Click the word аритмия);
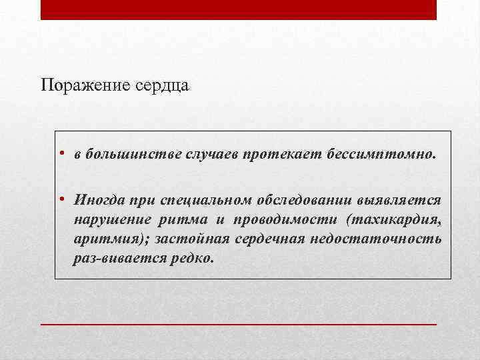click(x=106, y=239)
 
